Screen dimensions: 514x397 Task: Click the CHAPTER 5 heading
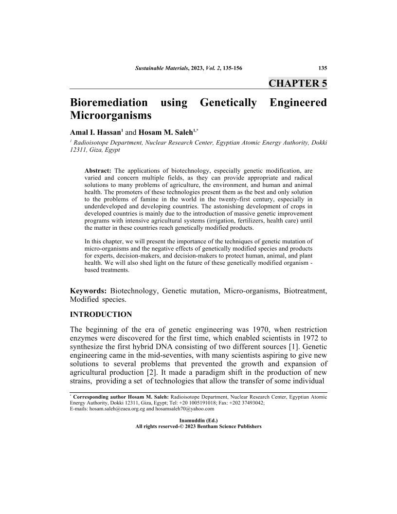click(298, 83)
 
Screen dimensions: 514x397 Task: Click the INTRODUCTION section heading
click(101, 314)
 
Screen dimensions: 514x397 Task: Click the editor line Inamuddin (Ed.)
click(198, 420)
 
